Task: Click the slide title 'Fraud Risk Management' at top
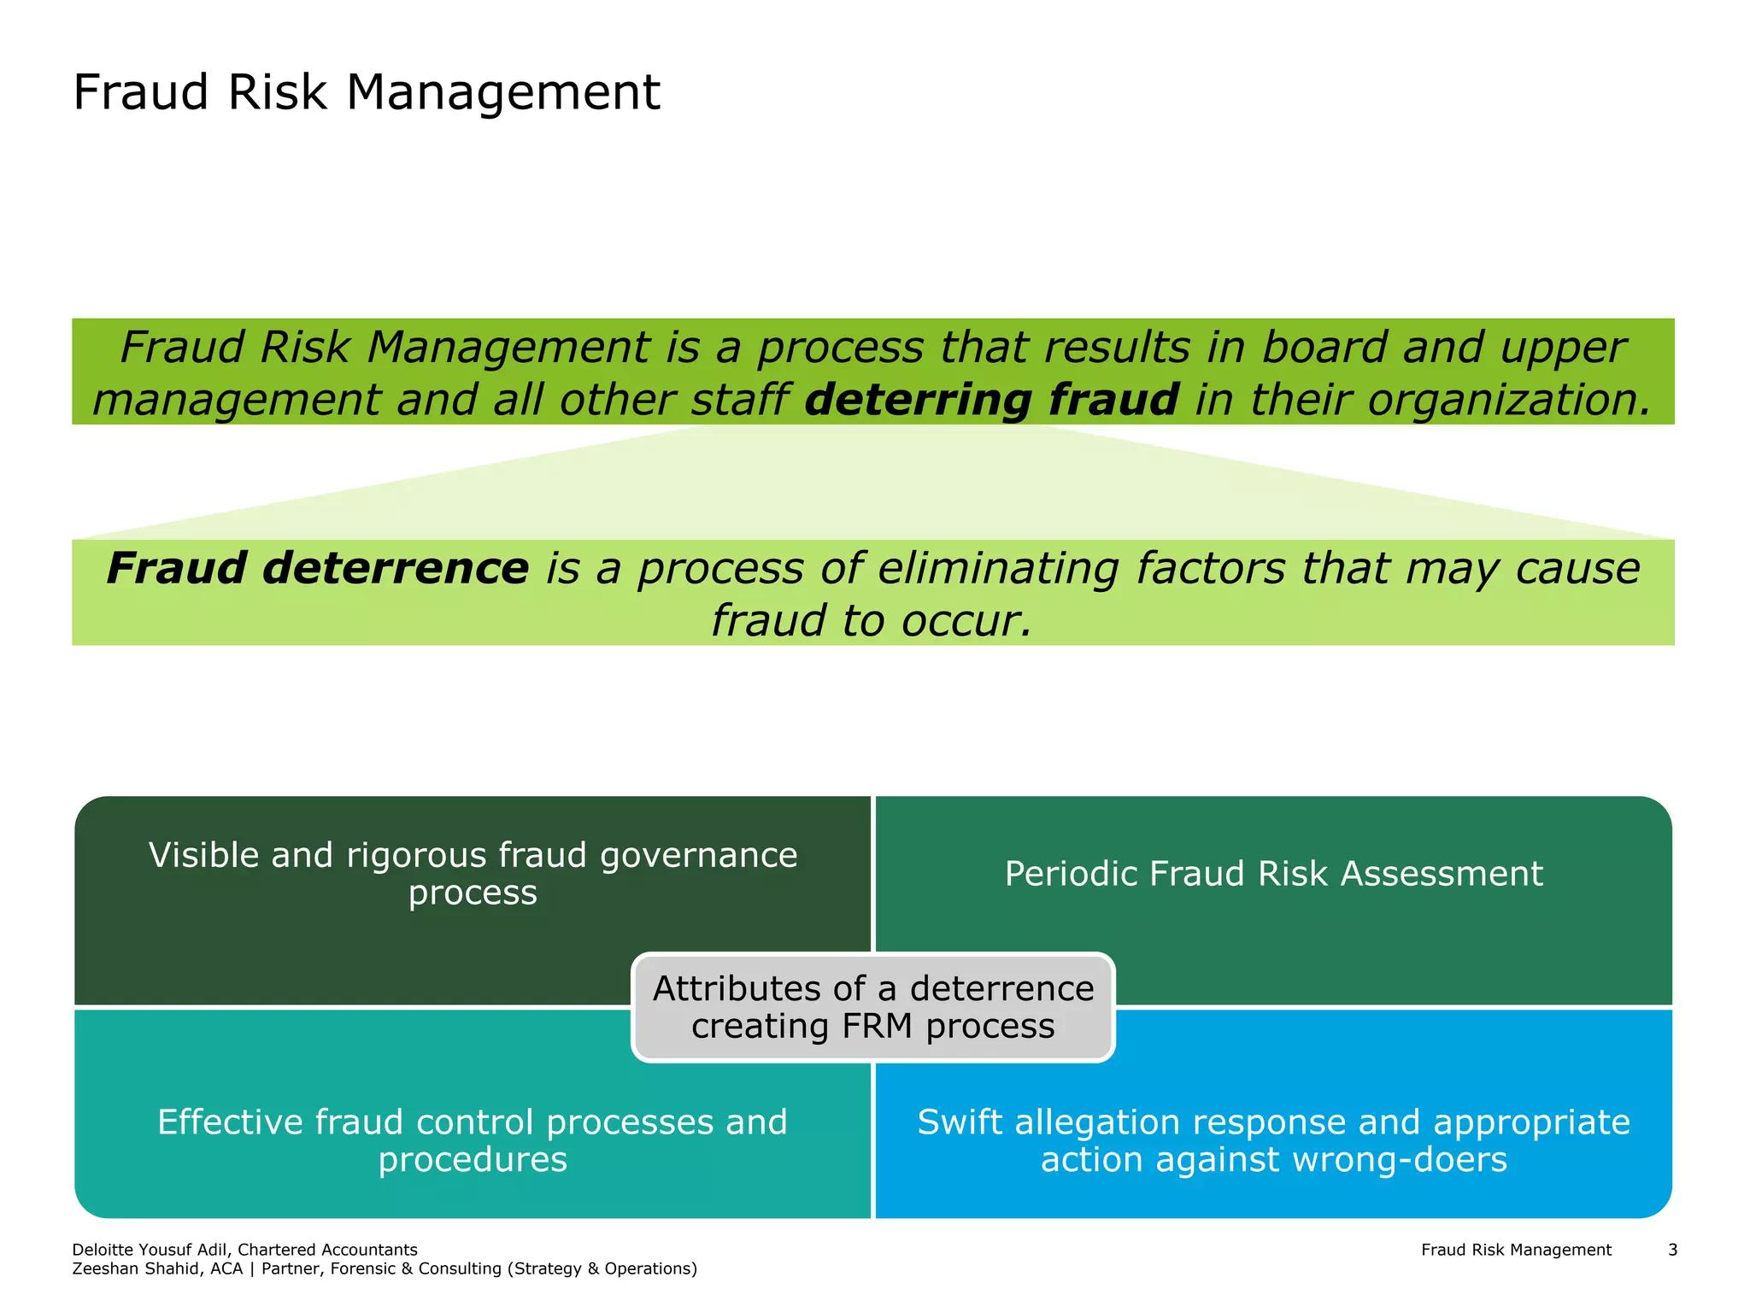pos(367,92)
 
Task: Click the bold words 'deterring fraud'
pos(991,400)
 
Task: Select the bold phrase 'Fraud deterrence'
pos(318,569)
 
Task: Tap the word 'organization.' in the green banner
pos(1509,400)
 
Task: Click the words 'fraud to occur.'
pos(872,620)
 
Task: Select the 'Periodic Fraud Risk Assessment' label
pos(1273,874)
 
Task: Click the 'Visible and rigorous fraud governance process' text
pos(473,873)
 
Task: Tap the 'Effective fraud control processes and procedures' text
pos(473,1139)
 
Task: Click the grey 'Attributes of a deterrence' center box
pos(873,1006)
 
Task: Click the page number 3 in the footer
pos(1672,1250)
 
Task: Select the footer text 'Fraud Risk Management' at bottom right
pos(1516,1250)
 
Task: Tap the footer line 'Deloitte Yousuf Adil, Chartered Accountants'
pos(245,1250)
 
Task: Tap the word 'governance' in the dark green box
pos(698,855)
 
